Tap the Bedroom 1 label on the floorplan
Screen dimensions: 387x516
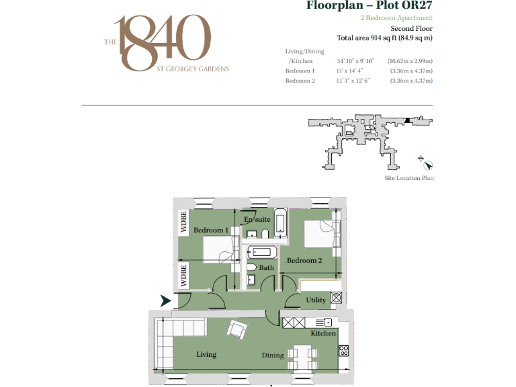point(210,230)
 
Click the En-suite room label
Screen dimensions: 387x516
point(257,220)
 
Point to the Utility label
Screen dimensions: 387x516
point(316,300)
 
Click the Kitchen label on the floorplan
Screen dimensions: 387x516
point(322,333)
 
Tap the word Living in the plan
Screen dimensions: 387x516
point(207,354)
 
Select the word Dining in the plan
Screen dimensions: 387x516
point(273,355)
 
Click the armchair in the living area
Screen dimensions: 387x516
point(236,329)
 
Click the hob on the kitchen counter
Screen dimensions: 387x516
point(343,350)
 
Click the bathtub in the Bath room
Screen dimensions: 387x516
point(261,253)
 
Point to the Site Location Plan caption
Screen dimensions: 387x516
point(408,179)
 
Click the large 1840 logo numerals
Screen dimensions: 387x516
point(159,42)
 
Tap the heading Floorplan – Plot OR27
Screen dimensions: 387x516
point(369,7)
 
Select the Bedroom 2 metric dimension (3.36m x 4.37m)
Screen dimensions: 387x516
point(411,81)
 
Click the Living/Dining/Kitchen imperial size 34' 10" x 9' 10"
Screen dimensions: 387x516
point(355,61)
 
